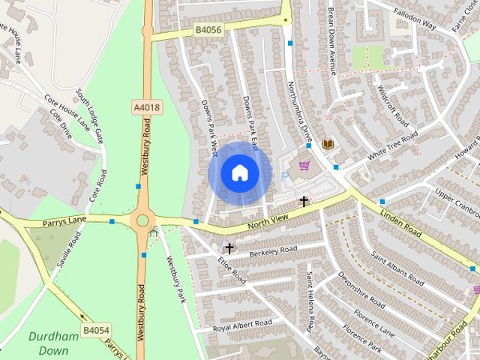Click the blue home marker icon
click(x=239, y=173)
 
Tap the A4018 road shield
click(x=147, y=108)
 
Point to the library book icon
click(x=327, y=144)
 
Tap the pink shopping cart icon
click(x=304, y=165)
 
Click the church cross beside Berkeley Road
click(x=229, y=247)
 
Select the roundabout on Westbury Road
click(x=141, y=221)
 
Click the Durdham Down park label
click(x=53, y=343)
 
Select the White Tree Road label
click(x=394, y=146)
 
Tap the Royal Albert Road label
click(x=241, y=325)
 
